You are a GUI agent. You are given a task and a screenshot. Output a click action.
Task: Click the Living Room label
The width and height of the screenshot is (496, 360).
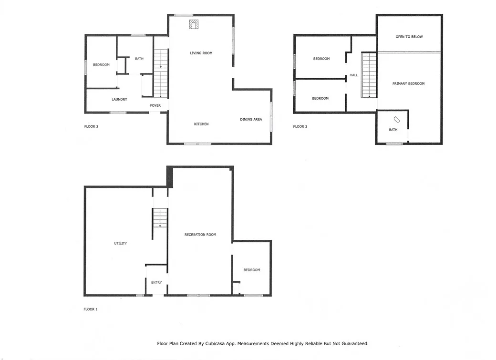(201, 53)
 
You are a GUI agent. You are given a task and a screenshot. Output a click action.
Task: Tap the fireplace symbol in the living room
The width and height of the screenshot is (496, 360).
(194, 24)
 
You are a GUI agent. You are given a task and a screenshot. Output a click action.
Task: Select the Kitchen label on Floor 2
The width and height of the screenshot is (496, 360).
(201, 124)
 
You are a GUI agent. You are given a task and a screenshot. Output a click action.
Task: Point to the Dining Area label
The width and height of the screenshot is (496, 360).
(251, 119)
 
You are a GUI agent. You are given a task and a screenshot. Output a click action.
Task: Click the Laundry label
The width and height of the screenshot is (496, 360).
(119, 99)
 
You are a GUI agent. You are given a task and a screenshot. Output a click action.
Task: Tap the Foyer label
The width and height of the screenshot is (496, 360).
(155, 105)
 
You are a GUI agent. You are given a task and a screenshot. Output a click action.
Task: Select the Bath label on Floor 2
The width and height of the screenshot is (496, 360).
(139, 59)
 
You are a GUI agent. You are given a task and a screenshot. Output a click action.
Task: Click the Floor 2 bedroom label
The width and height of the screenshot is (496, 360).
(101, 65)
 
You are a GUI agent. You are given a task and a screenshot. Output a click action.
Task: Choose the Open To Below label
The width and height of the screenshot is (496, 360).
(409, 37)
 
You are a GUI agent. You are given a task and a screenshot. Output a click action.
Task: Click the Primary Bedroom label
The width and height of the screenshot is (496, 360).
(408, 83)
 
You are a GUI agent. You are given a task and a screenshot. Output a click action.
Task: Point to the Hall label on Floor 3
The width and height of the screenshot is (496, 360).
(353, 75)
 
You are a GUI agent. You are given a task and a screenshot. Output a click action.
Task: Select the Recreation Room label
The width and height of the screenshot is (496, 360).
(200, 235)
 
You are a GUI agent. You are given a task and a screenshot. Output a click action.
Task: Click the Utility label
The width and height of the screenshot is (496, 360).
(120, 243)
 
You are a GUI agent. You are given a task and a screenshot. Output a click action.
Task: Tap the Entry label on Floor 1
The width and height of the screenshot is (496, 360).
(156, 282)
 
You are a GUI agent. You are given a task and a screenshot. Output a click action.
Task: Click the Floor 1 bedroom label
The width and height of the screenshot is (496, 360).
(252, 270)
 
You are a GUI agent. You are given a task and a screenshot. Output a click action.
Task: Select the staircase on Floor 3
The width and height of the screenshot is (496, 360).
(369, 75)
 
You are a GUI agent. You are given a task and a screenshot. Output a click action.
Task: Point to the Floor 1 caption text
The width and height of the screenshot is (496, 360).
(91, 309)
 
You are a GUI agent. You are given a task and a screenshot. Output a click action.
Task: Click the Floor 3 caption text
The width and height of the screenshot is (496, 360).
(300, 127)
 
